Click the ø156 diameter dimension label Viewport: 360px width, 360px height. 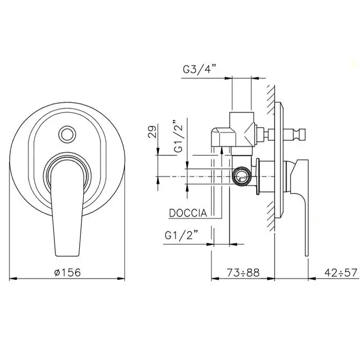(x=68, y=273)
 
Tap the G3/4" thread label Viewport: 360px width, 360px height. (x=200, y=69)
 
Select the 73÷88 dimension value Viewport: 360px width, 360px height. (x=243, y=273)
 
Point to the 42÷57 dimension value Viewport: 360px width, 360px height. (x=341, y=273)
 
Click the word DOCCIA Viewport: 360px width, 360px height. (x=188, y=213)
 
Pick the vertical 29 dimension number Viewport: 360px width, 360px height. (x=152, y=131)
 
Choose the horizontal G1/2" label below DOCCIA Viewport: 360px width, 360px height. (x=182, y=236)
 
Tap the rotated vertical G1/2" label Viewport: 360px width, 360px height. (x=178, y=136)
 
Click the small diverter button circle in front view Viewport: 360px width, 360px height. (x=67, y=134)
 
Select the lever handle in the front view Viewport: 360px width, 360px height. (x=67, y=207)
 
